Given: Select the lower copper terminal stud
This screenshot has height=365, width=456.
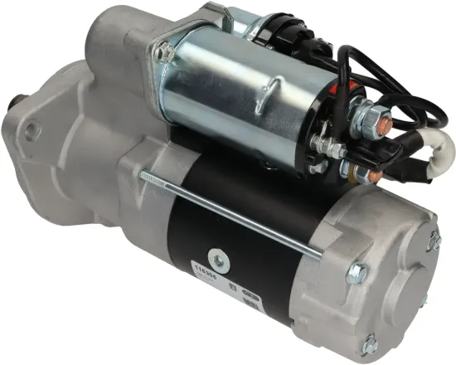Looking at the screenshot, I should [372, 178].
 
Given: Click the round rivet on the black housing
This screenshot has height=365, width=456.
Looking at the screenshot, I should [217, 255].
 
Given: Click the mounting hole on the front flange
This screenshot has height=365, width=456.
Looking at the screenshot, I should [31, 130].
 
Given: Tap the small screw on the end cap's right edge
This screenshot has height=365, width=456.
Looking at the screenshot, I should [433, 241].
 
